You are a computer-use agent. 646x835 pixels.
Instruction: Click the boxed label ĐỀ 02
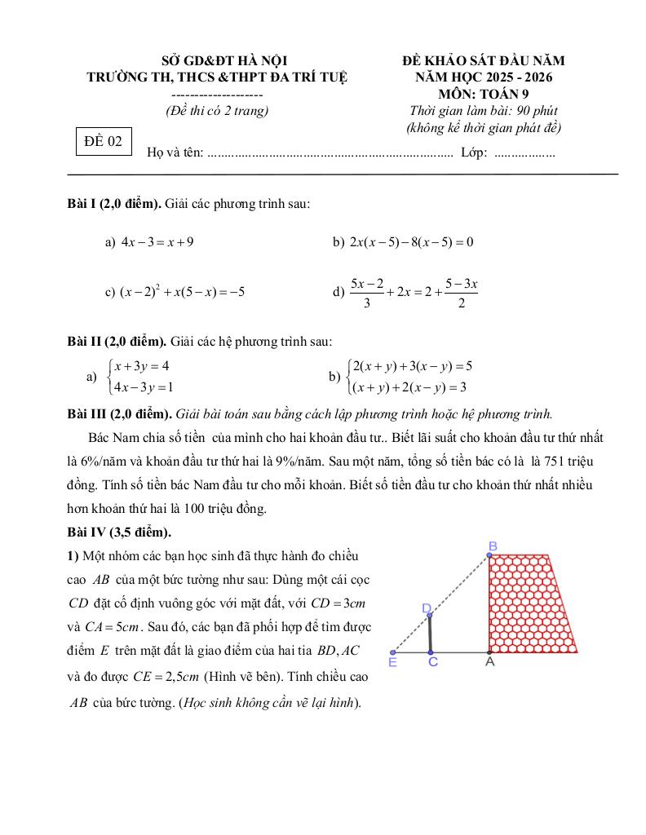(104, 141)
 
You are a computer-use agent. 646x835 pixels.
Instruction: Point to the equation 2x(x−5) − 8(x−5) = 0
(412, 242)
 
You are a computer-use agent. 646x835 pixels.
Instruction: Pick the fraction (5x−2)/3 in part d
(367, 293)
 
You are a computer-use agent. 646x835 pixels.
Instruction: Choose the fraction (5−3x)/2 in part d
(461, 293)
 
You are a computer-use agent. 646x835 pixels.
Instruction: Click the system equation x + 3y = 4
(142, 366)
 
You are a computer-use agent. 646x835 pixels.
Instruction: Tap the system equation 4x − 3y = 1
(144, 387)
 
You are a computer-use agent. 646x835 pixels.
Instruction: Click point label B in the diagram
(493, 545)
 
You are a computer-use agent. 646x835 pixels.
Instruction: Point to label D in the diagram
(427, 608)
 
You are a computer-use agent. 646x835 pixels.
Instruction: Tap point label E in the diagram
(392, 663)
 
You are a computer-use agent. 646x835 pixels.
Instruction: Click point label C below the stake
(432, 663)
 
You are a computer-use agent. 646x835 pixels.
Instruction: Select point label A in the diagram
(490, 663)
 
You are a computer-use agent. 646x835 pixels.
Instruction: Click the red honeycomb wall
(531, 603)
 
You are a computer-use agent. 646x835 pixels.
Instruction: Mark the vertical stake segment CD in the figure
(431, 634)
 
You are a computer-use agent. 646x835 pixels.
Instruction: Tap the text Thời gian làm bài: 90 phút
(484, 111)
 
